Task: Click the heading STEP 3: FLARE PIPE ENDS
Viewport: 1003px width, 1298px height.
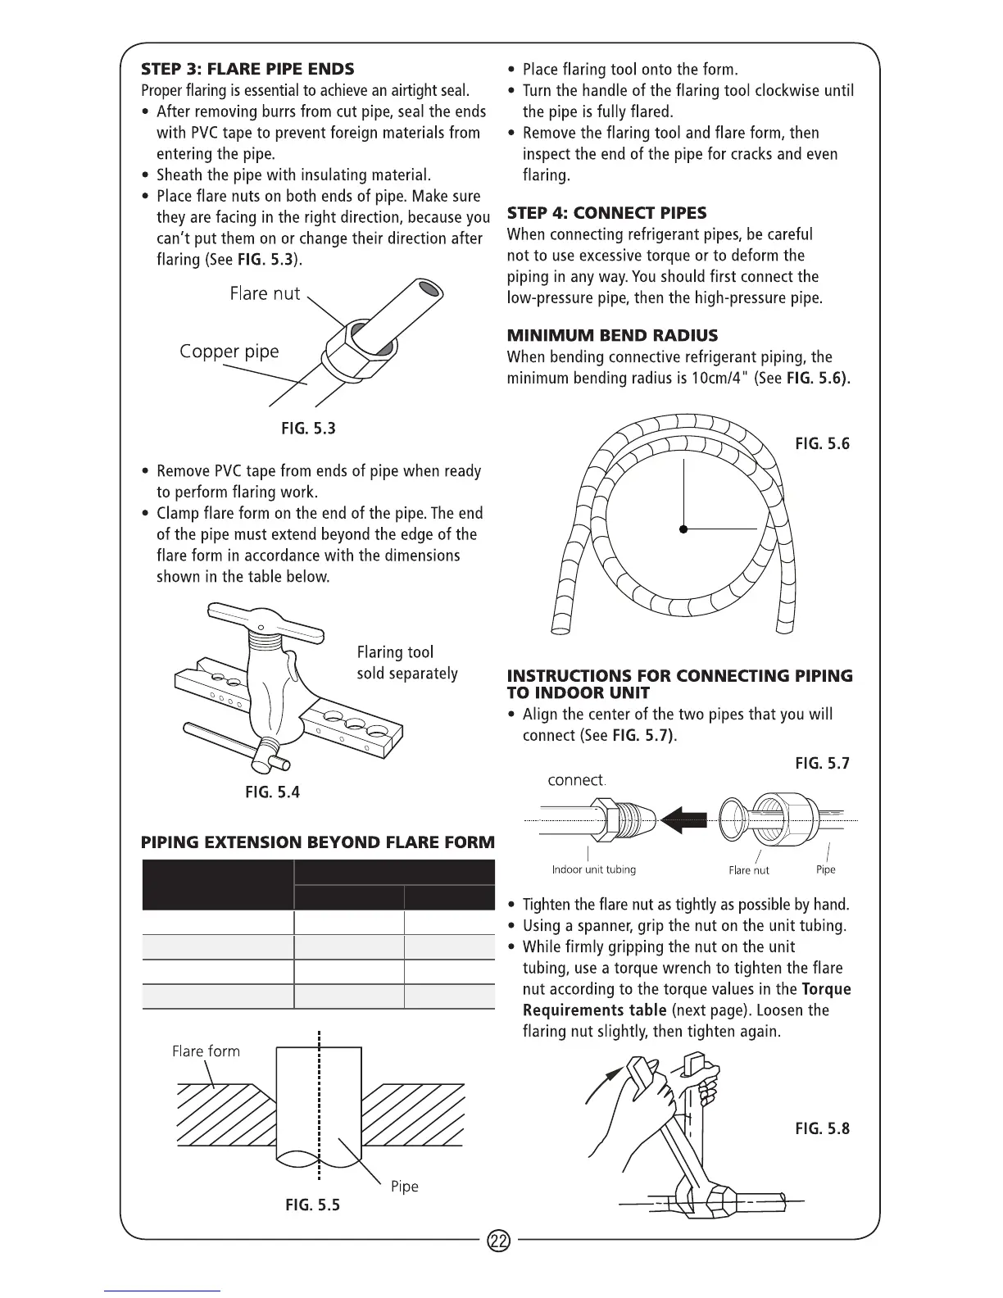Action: [x=247, y=68]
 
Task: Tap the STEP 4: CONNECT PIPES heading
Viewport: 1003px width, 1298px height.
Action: [x=606, y=213]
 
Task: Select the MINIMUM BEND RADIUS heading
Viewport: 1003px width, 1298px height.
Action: [x=612, y=335]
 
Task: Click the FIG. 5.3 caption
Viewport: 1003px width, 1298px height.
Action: [x=309, y=429]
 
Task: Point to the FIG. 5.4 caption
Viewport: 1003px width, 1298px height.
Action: [x=273, y=792]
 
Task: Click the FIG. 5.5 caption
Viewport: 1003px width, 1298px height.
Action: [x=312, y=1205]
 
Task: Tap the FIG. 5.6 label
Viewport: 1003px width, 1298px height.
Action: [x=822, y=444]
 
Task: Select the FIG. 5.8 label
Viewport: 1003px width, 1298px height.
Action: [x=822, y=1128]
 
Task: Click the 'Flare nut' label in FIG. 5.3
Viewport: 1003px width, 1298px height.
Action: [x=265, y=293]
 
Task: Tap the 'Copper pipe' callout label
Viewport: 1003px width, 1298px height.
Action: [x=229, y=352]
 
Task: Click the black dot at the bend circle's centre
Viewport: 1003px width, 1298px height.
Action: [x=683, y=529]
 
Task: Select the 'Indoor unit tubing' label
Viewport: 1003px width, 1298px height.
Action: [x=593, y=869]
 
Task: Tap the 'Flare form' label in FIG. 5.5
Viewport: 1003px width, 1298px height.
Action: [x=206, y=1051]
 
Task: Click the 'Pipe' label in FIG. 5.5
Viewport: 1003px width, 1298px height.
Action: [x=404, y=1187]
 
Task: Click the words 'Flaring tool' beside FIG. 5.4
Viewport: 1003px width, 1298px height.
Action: [x=395, y=652]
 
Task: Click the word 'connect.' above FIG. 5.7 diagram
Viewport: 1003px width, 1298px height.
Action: [x=577, y=780]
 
